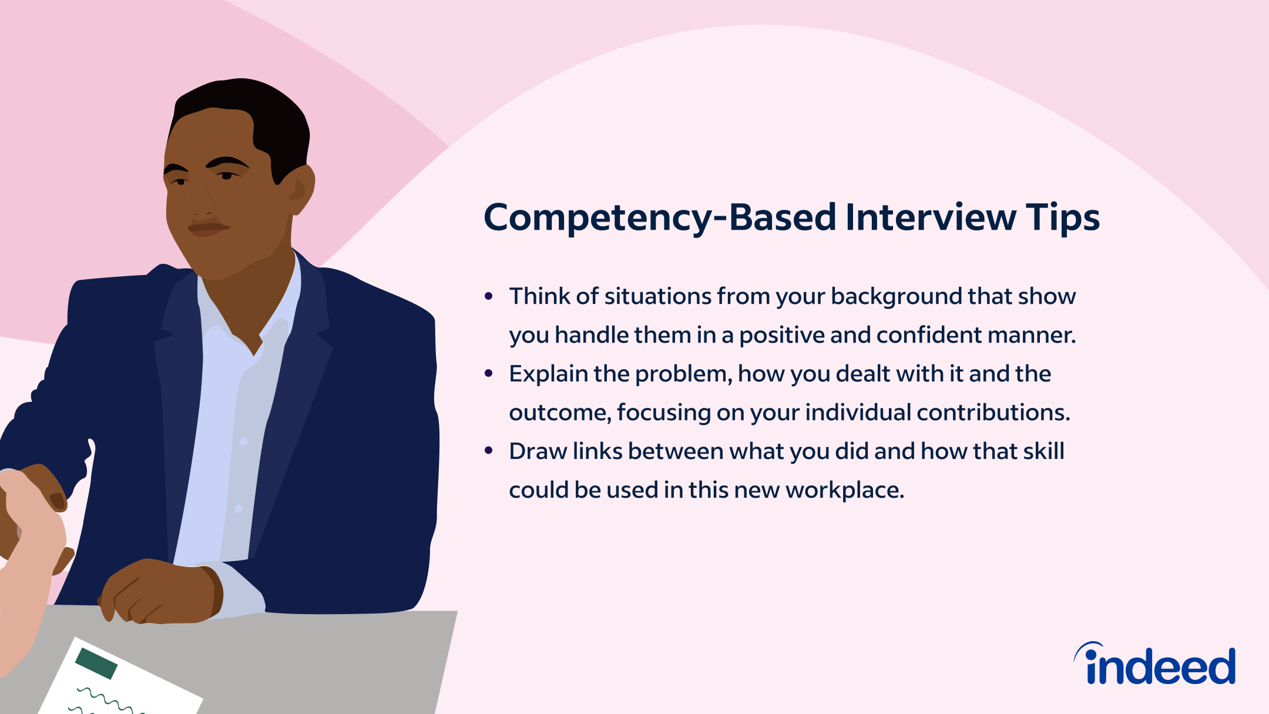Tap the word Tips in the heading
coord(1062,218)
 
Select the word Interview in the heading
coord(931,217)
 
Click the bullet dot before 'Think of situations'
coord(488,296)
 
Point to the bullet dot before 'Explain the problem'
coord(488,374)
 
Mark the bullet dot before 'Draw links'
coord(488,451)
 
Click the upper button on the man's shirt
coord(244,441)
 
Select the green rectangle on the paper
coord(96,663)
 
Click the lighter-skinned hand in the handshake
coord(35,529)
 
